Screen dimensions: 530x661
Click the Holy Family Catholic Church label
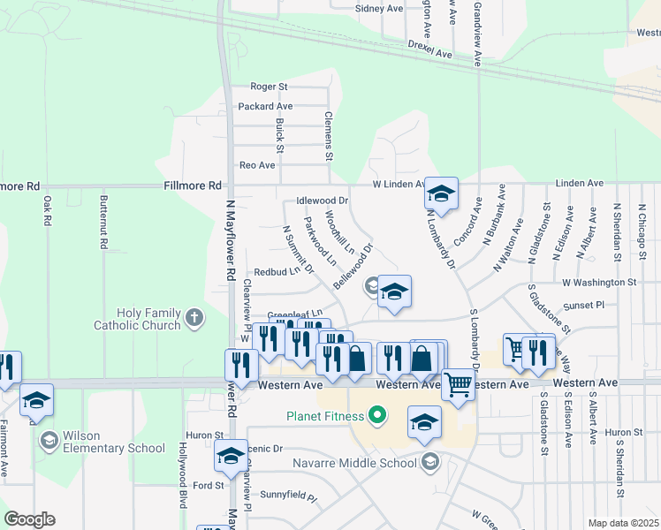(x=148, y=319)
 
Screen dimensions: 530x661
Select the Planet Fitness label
(x=324, y=416)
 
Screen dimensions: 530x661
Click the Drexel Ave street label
(x=430, y=49)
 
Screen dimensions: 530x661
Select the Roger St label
(x=269, y=87)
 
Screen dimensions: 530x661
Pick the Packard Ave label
(x=265, y=107)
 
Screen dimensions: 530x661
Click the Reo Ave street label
(x=257, y=165)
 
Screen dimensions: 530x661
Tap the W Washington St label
(x=599, y=283)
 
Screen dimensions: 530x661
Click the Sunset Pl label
(x=588, y=304)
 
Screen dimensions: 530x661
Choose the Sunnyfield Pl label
(x=288, y=497)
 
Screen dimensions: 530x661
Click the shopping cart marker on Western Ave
(x=458, y=385)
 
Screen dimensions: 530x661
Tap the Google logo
(x=29, y=519)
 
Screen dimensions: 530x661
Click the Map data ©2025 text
(x=623, y=523)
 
